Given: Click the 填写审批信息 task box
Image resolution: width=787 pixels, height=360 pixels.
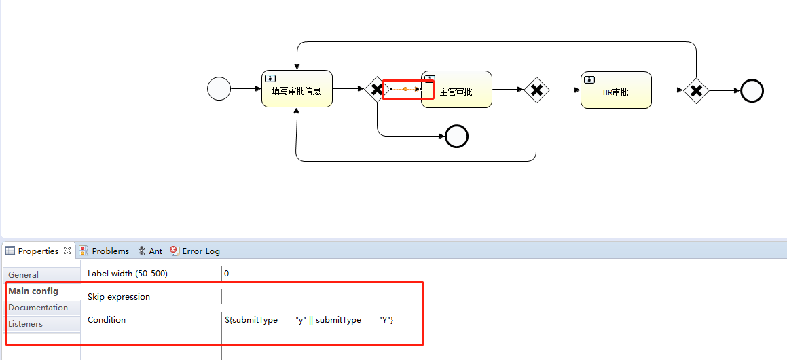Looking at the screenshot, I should [x=297, y=89].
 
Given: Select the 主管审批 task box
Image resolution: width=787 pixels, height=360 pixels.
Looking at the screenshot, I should [x=456, y=90].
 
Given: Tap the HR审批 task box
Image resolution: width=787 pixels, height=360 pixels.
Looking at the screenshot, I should [x=616, y=90].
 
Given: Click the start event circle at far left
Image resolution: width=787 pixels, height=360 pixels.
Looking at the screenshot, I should [x=219, y=89].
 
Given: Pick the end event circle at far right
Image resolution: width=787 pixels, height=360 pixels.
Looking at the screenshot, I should [x=752, y=90].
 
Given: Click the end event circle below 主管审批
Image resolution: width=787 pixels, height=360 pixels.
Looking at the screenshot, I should [x=456, y=137].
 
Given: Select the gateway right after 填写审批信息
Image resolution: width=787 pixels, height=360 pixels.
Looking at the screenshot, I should [x=376, y=89].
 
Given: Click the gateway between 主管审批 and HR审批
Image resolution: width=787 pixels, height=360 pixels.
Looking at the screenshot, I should [x=536, y=90].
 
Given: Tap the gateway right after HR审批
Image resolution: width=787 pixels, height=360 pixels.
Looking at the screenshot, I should [x=696, y=90].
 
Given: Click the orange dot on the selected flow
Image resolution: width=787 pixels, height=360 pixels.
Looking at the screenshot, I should [x=405, y=89].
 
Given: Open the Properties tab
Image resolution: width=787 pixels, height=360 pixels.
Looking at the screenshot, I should [x=38, y=251].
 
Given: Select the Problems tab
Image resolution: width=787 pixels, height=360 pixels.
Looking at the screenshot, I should [x=110, y=251].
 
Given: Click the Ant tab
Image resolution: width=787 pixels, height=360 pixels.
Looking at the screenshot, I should [x=155, y=251].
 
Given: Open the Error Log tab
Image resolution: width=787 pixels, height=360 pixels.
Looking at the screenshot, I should [x=201, y=251].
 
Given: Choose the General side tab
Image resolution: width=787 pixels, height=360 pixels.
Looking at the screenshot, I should [x=24, y=275].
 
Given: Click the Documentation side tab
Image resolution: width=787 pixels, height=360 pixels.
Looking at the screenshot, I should [x=38, y=308].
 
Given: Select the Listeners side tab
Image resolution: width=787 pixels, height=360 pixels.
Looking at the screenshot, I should [x=26, y=324].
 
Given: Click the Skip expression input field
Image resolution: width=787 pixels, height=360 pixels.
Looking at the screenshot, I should [x=502, y=297].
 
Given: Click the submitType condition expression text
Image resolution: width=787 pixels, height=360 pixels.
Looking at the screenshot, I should [x=309, y=319].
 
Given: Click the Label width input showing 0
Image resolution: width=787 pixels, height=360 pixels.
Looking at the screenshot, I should [x=502, y=273].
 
